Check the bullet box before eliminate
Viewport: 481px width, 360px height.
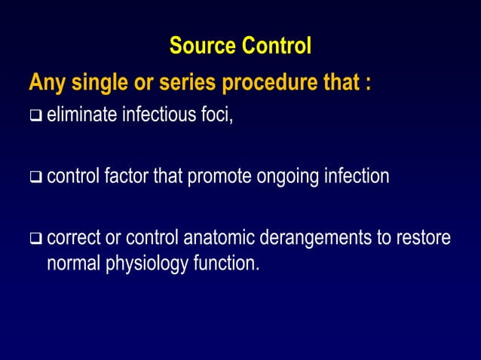pyautogui.click(x=35, y=117)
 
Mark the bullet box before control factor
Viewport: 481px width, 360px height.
pyautogui.click(x=35, y=178)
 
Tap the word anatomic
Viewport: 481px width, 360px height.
pyautogui.click(x=218, y=239)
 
